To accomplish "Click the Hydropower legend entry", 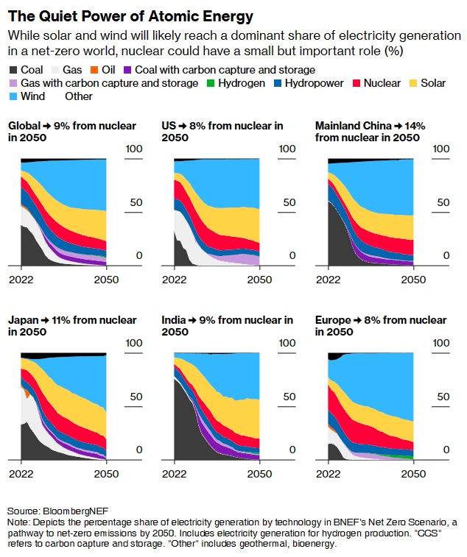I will click(313, 83).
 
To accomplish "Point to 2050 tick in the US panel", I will click(259, 280).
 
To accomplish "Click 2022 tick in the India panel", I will click(174, 474).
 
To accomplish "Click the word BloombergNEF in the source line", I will click(69, 511).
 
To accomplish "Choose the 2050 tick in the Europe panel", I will click(413, 474).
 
